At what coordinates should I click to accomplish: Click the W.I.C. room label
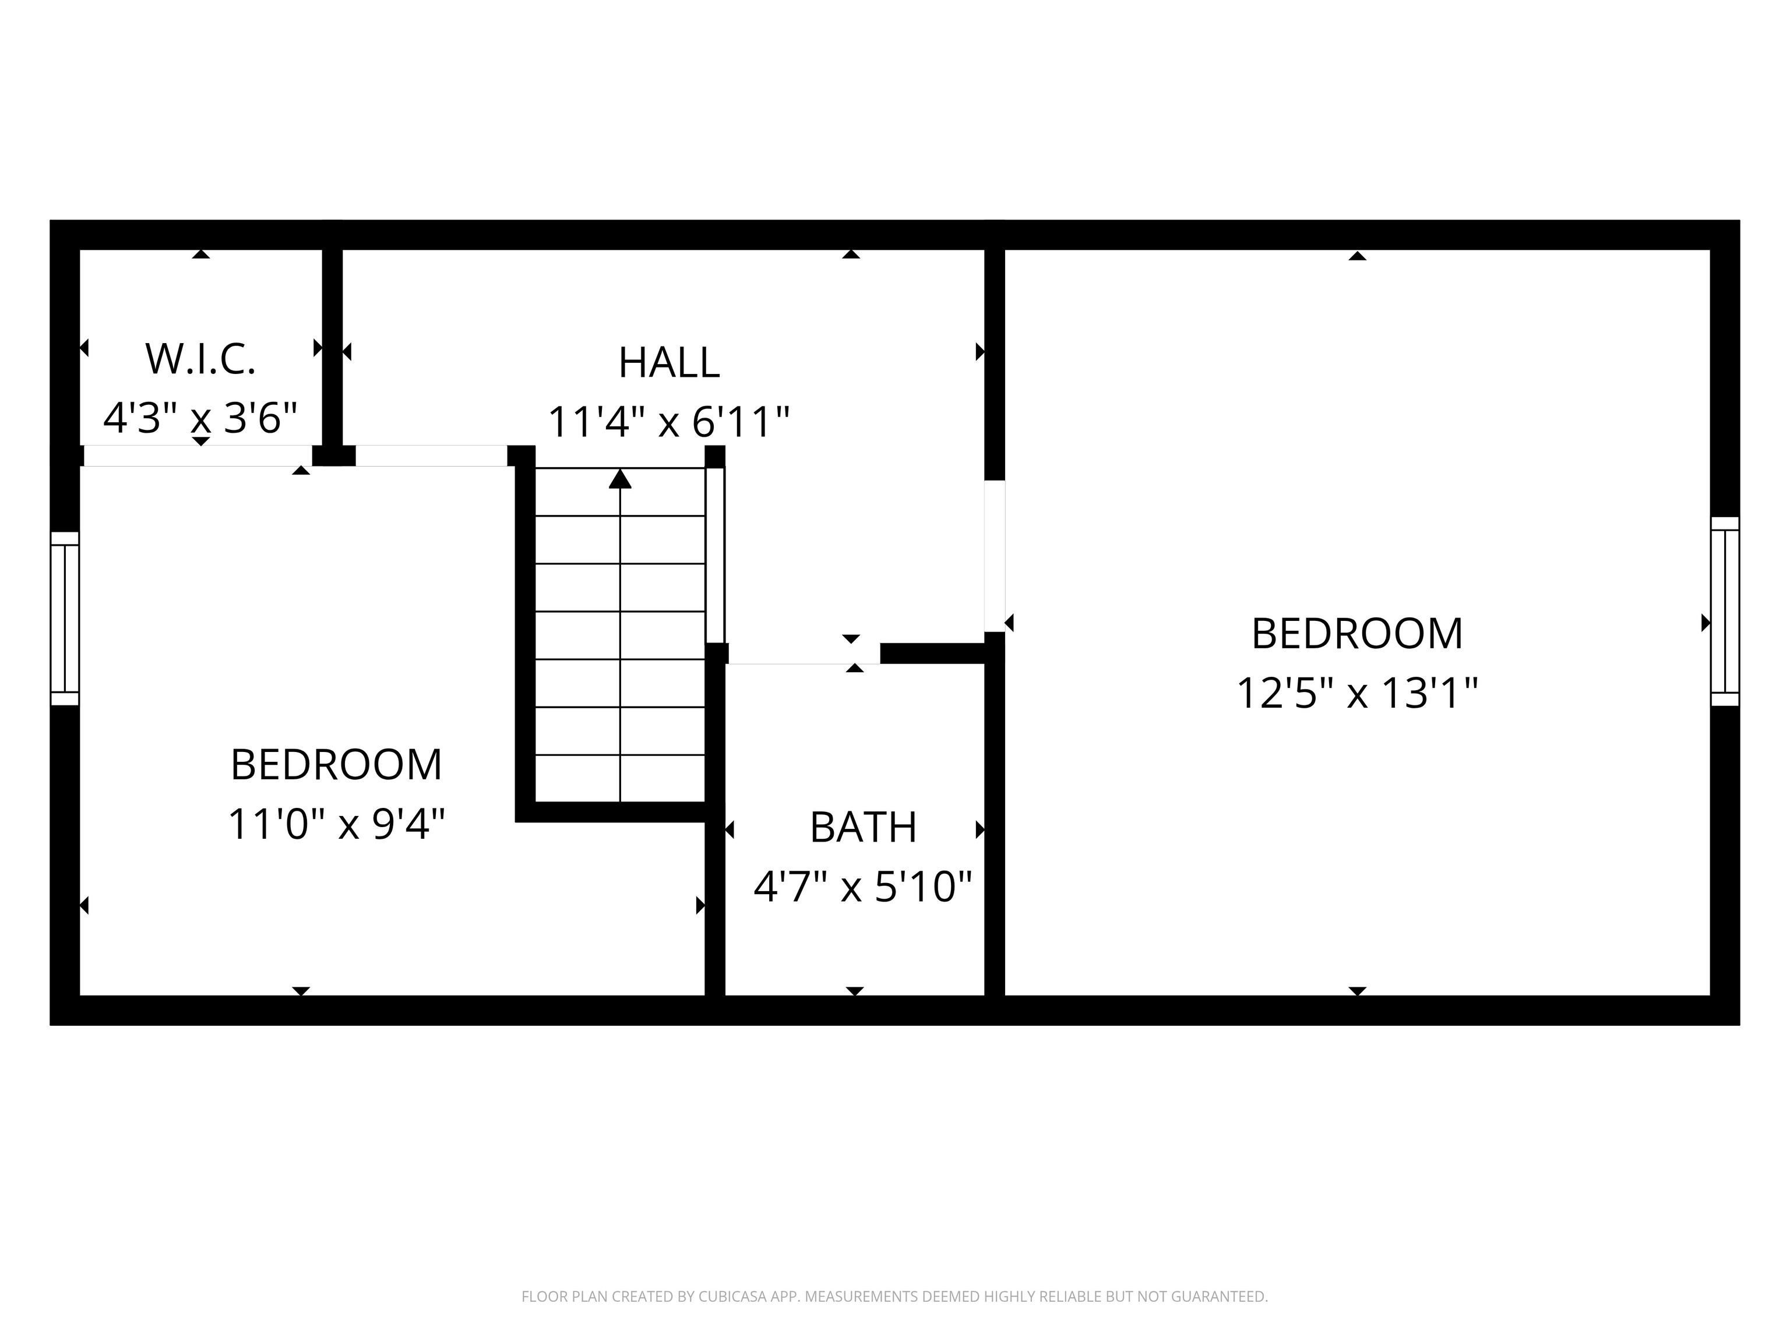(x=200, y=359)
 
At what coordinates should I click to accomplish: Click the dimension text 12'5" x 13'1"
(x=1357, y=693)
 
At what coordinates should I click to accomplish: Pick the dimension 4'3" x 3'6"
(x=200, y=418)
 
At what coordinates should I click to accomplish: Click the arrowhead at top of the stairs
(x=620, y=479)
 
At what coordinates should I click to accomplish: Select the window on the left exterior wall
(x=65, y=619)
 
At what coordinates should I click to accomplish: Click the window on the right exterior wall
(x=1725, y=612)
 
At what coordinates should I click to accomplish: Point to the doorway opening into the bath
(x=804, y=654)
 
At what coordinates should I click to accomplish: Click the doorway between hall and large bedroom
(x=995, y=556)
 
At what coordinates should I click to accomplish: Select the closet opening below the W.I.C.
(x=198, y=455)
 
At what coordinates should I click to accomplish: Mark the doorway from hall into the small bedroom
(x=431, y=455)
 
